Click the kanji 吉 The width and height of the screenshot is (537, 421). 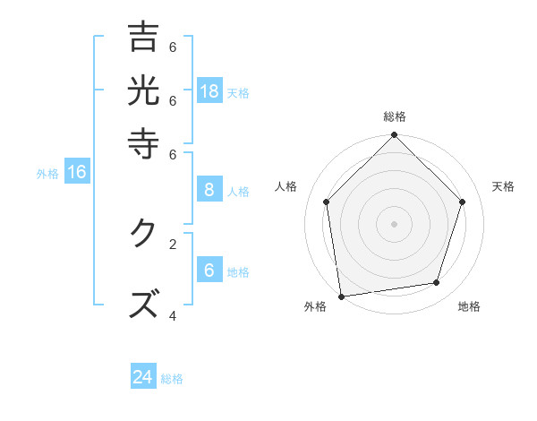[143, 38]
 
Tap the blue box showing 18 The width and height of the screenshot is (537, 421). [209, 90]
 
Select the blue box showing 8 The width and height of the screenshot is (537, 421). [209, 189]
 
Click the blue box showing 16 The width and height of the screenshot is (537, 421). [77, 172]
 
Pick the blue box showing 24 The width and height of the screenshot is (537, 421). [143, 377]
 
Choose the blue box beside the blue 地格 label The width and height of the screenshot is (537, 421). [209, 271]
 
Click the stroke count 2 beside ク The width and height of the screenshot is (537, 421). [173, 243]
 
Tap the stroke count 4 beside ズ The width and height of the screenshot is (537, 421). [173, 315]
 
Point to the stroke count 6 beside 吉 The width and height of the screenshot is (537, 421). [173, 47]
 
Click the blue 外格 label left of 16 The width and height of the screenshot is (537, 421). [47, 174]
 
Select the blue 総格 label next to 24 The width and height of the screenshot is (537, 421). [172, 379]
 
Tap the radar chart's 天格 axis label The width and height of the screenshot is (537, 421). [504, 186]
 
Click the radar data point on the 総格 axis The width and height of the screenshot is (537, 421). [394, 135]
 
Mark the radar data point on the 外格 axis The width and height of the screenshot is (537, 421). [341, 296]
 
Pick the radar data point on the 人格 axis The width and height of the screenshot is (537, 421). [327, 202]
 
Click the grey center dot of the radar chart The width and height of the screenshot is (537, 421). [394, 223]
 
